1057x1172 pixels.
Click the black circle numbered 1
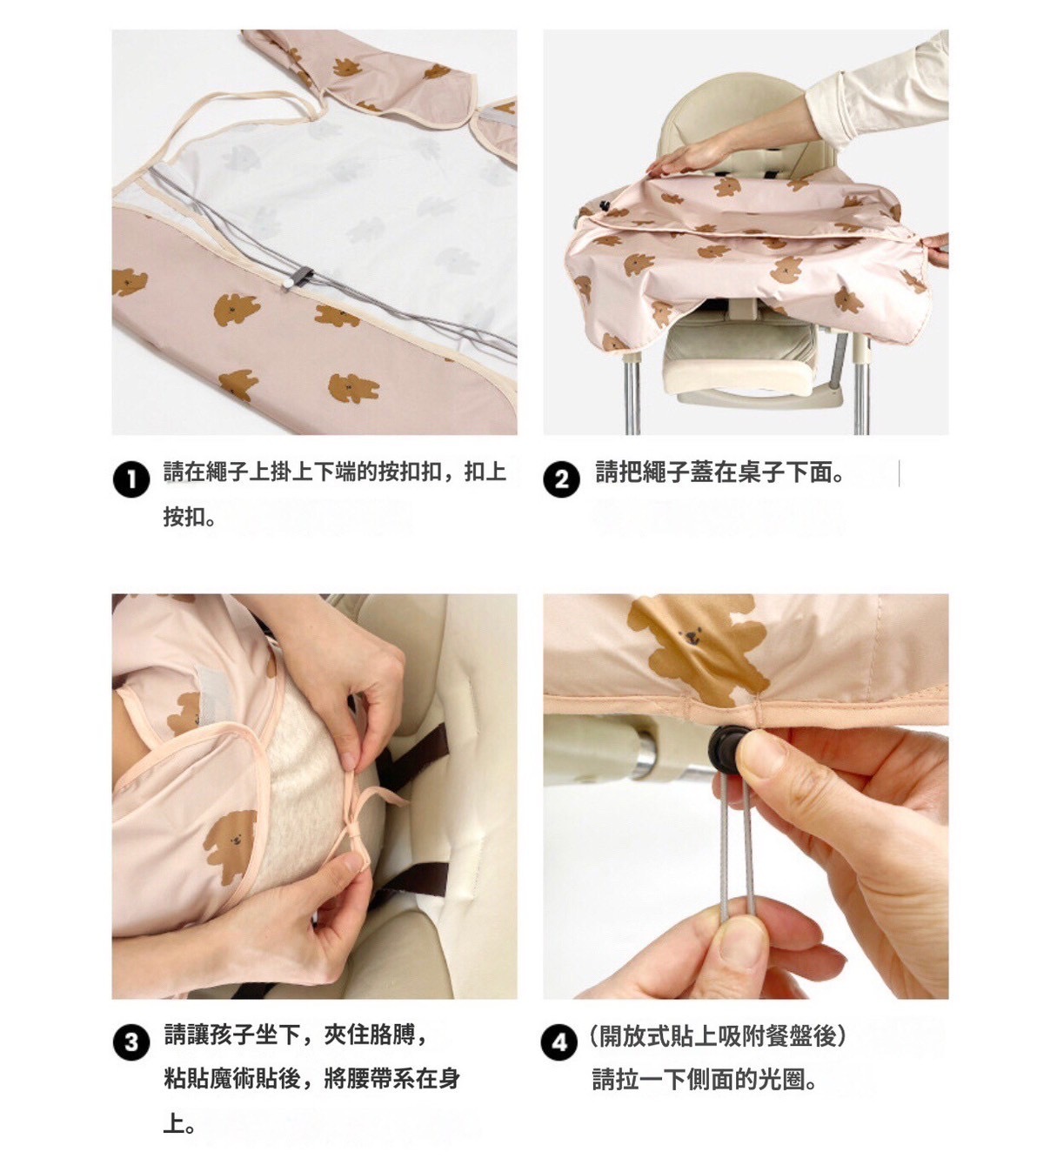(x=131, y=479)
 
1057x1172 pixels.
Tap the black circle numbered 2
(x=561, y=479)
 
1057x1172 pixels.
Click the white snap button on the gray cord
(x=287, y=283)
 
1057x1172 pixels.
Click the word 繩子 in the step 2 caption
(x=666, y=472)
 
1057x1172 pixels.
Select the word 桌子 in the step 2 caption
(x=760, y=472)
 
